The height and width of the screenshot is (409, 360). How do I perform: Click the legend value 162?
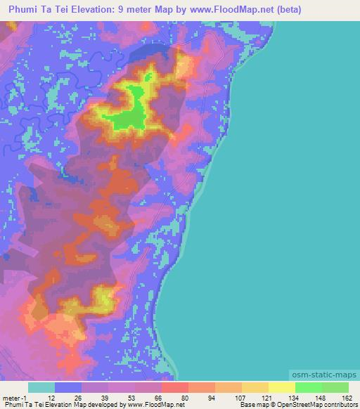[x=346, y=398]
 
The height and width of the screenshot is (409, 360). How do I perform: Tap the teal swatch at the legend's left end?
[x=41, y=387]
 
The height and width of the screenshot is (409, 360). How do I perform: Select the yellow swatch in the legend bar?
[x=282, y=387]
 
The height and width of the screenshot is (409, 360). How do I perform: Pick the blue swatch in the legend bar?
[x=68, y=387]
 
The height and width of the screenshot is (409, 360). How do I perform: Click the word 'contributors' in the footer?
[x=340, y=405]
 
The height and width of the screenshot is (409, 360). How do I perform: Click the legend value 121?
[x=266, y=398]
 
